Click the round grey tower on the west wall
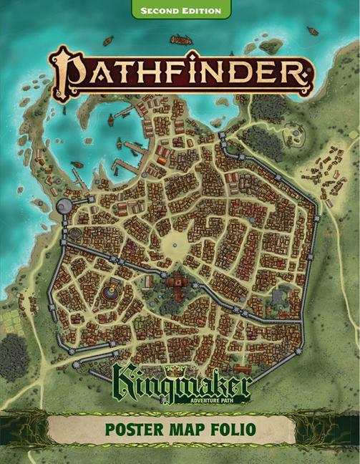(x=64, y=206)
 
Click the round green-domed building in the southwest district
(x=110, y=291)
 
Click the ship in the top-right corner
(x=313, y=31)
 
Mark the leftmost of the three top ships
(x=109, y=39)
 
